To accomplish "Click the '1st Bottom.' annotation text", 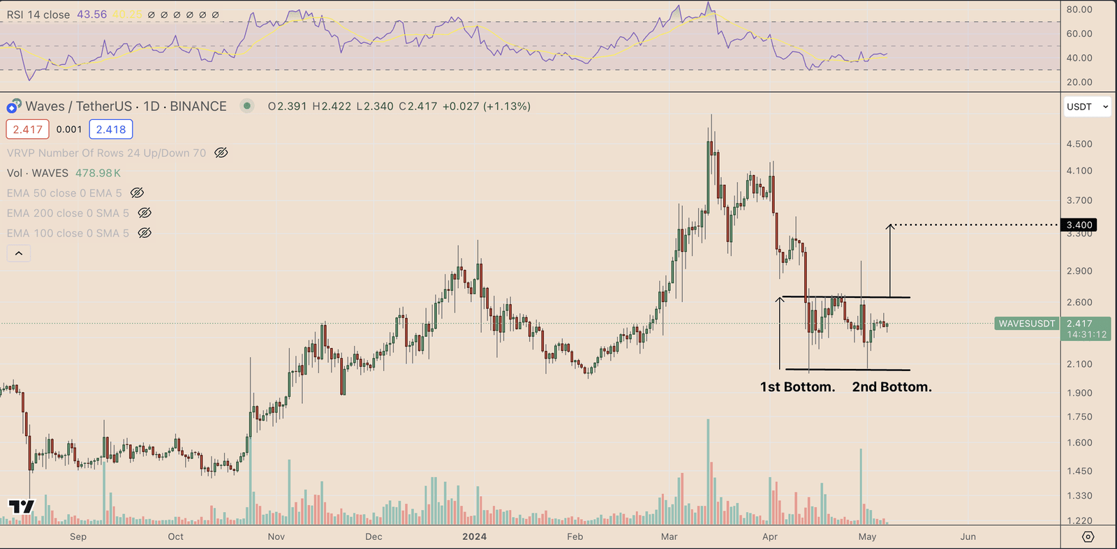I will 797,387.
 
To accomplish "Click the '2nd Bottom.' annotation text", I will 892,387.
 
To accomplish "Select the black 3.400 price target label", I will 1079,225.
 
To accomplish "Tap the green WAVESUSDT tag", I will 1026,324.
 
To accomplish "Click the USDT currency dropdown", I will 1087,107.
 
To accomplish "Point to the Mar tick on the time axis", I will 669,536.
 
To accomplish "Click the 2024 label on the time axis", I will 474,536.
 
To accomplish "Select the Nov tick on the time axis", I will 276,536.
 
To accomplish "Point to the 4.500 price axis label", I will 1079,144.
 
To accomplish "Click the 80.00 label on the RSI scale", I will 1079,10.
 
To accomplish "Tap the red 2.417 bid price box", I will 28,130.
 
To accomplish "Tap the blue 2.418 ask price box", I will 111,130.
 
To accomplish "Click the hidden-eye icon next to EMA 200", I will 145,213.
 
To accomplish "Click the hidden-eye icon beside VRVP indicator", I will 221,153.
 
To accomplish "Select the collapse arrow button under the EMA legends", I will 19,253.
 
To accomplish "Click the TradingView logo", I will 21,506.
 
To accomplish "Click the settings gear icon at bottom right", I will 1088,536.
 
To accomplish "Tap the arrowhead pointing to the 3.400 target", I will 890,227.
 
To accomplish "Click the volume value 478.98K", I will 98,173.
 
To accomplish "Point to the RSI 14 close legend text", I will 38,15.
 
